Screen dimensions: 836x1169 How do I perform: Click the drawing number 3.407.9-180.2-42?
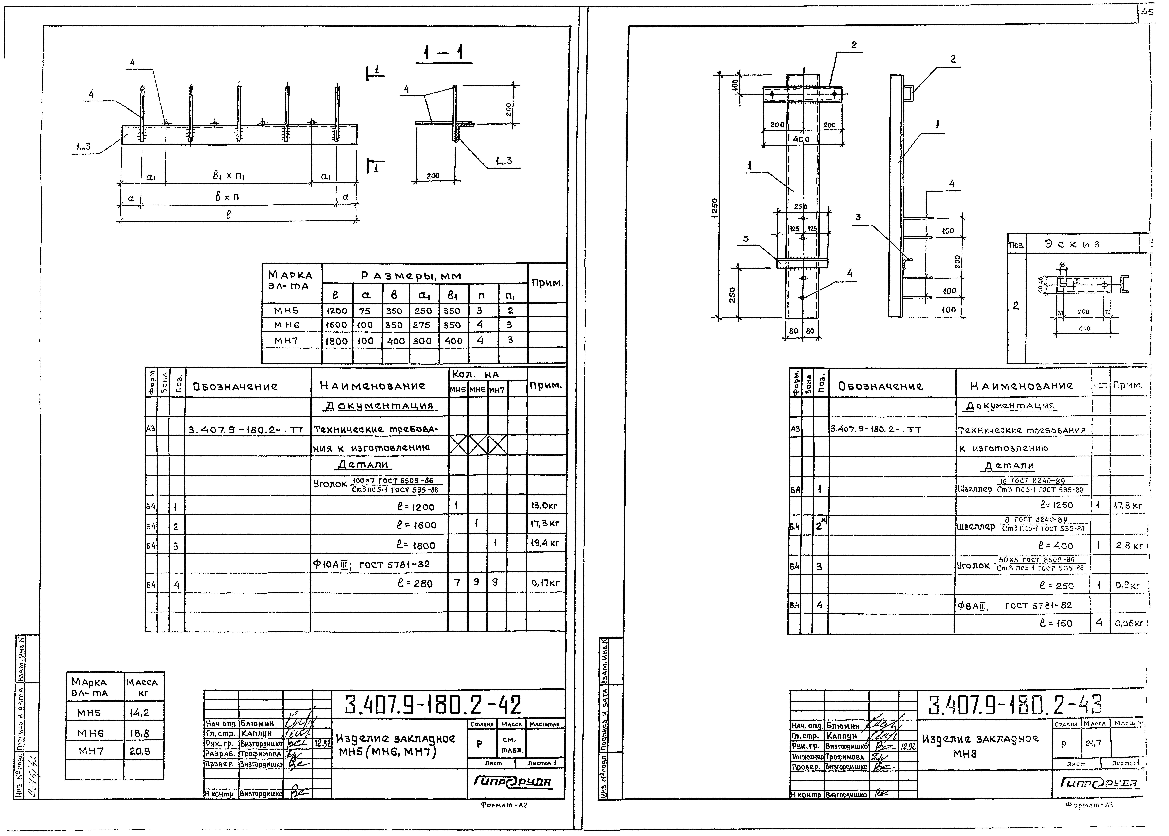pyautogui.click(x=433, y=705)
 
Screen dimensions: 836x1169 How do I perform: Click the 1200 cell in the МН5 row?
pyautogui.click(x=337, y=311)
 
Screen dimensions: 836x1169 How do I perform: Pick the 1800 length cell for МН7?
pyautogui.click(x=337, y=341)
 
